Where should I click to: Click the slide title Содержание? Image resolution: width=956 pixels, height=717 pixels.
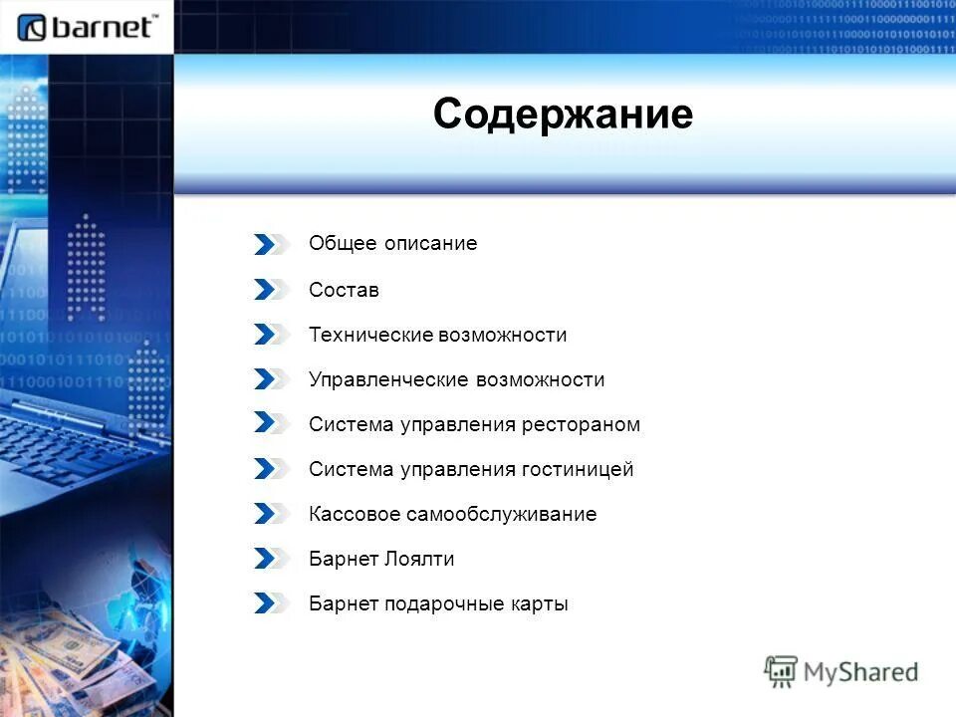(x=563, y=115)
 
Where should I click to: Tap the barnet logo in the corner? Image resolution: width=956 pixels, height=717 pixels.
(x=88, y=27)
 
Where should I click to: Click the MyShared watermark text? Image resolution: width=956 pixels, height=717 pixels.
(x=860, y=672)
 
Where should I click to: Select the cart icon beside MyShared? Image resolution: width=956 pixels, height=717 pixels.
(x=782, y=672)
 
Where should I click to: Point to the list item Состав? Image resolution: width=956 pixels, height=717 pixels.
(x=344, y=290)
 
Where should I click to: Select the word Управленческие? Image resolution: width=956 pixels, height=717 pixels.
(x=389, y=379)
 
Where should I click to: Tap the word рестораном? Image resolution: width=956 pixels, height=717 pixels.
(x=581, y=424)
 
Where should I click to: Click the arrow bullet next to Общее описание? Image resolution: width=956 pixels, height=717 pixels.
(x=269, y=244)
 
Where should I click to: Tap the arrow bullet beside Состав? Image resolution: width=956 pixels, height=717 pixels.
(x=269, y=290)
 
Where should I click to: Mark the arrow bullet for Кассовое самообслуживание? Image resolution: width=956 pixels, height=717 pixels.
(x=269, y=514)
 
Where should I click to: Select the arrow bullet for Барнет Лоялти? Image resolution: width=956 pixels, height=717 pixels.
(x=269, y=559)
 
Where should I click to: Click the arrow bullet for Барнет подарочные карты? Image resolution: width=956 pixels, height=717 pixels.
(x=269, y=603)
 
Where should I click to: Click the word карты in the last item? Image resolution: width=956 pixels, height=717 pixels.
(x=540, y=603)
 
